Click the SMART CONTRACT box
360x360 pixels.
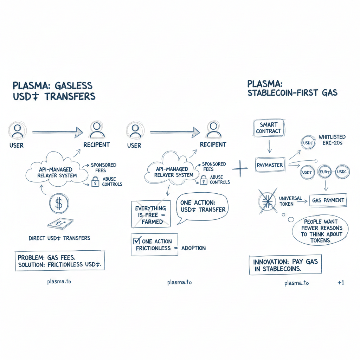(269, 128)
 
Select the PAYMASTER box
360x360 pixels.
(270, 165)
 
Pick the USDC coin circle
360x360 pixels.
(341, 172)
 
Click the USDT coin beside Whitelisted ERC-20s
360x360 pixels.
(308, 143)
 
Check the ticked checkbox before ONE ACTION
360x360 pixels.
(137, 241)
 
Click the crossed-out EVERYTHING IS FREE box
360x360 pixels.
(151, 214)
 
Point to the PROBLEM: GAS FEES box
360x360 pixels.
(59, 261)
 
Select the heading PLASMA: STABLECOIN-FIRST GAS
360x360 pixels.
(292, 88)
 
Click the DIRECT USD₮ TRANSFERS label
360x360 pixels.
(59, 238)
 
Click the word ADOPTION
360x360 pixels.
(194, 248)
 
